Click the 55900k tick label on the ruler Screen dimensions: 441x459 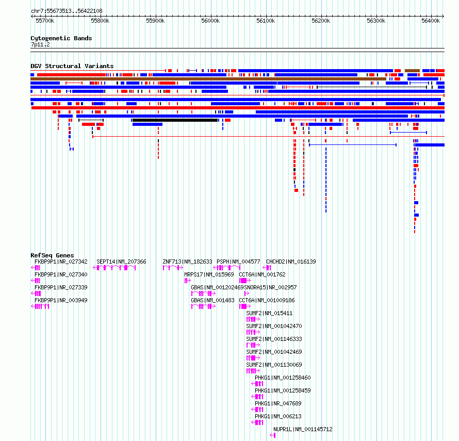point(155,21)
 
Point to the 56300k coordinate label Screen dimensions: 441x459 point(376,21)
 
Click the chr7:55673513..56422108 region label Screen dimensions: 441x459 point(67,11)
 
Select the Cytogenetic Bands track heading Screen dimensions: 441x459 point(61,38)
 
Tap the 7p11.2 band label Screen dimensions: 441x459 point(40,44)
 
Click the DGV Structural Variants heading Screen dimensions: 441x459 point(72,66)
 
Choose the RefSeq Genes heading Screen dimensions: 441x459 point(52,255)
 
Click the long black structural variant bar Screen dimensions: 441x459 point(175,120)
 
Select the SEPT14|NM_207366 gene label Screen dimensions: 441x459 point(121,262)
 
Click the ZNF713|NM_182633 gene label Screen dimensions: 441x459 point(187,262)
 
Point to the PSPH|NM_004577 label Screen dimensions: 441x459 point(238,262)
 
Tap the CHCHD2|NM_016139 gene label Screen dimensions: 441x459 point(291,262)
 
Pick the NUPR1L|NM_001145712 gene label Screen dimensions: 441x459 point(303,429)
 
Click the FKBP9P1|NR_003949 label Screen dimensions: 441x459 point(61,300)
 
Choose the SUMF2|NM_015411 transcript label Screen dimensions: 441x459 point(269,313)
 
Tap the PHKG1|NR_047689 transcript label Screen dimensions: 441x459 point(278,403)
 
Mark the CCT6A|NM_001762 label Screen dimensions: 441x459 point(262,274)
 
